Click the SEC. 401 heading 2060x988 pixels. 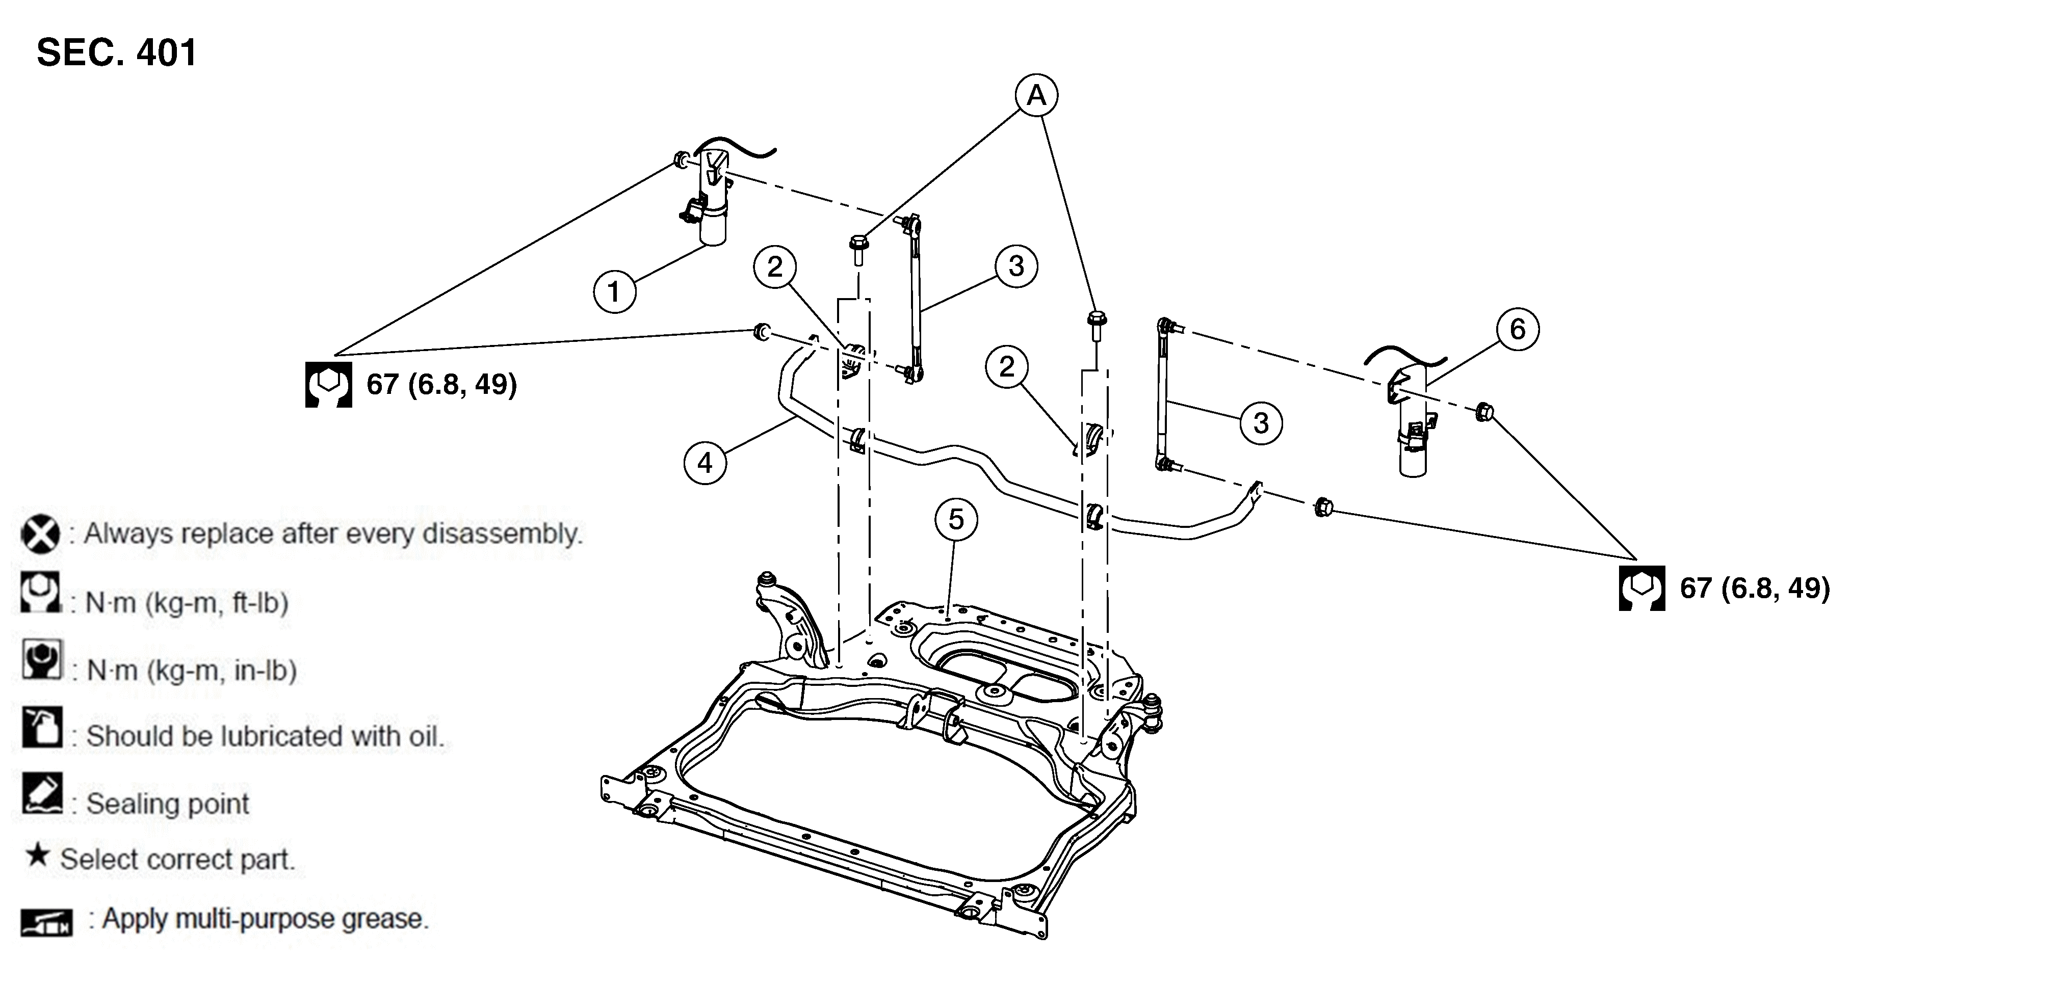(x=117, y=53)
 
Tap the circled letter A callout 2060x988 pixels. (x=1036, y=95)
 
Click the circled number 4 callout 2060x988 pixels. (x=705, y=463)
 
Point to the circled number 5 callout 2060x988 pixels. (x=956, y=520)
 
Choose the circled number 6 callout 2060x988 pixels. (x=1518, y=329)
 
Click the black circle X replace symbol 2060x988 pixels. (x=40, y=534)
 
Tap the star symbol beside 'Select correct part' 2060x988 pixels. (x=37, y=856)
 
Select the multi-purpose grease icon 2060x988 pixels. (x=46, y=922)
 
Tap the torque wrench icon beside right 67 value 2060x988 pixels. (x=1642, y=589)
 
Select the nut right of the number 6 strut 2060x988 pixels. (x=1484, y=412)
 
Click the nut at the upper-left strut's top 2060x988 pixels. (x=682, y=159)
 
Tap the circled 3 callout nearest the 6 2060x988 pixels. (x=1261, y=423)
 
